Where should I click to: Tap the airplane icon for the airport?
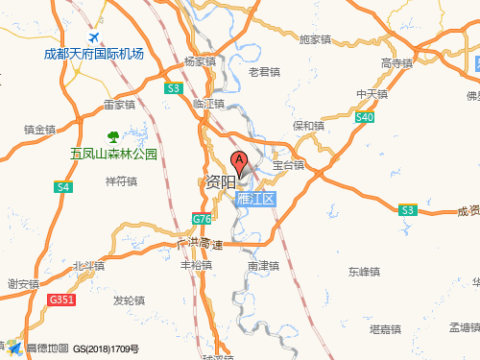pos(94,37)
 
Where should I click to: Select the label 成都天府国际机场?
pos(94,54)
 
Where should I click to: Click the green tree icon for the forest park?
pos(112,136)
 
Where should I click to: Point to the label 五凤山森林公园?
pos(112,154)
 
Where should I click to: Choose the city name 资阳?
pos(220,182)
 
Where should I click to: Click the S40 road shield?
pos(364,117)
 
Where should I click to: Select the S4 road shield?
pos(63,186)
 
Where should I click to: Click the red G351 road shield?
pos(60,300)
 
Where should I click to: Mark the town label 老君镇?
pos(264,71)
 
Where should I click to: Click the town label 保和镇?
pos(308,126)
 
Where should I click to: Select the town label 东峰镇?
pos(365,272)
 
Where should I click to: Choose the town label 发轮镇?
pos(129,300)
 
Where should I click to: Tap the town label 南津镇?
pos(262,265)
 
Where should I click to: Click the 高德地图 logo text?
pos(47,348)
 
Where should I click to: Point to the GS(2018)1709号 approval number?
pos(107,348)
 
